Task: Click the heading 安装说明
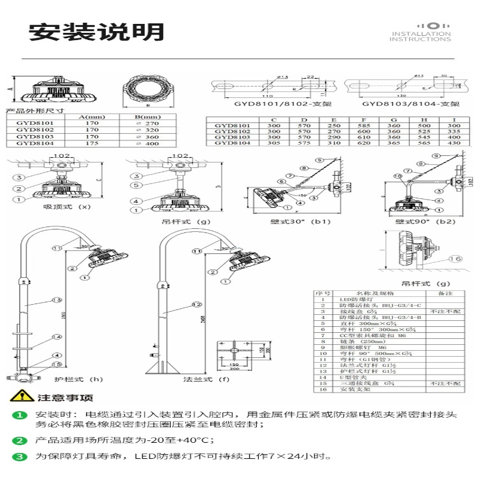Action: point(96,32)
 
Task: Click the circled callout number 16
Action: point(457,259)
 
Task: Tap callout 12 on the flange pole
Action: point(195,305)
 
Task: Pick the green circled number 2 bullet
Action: point(20,441)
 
